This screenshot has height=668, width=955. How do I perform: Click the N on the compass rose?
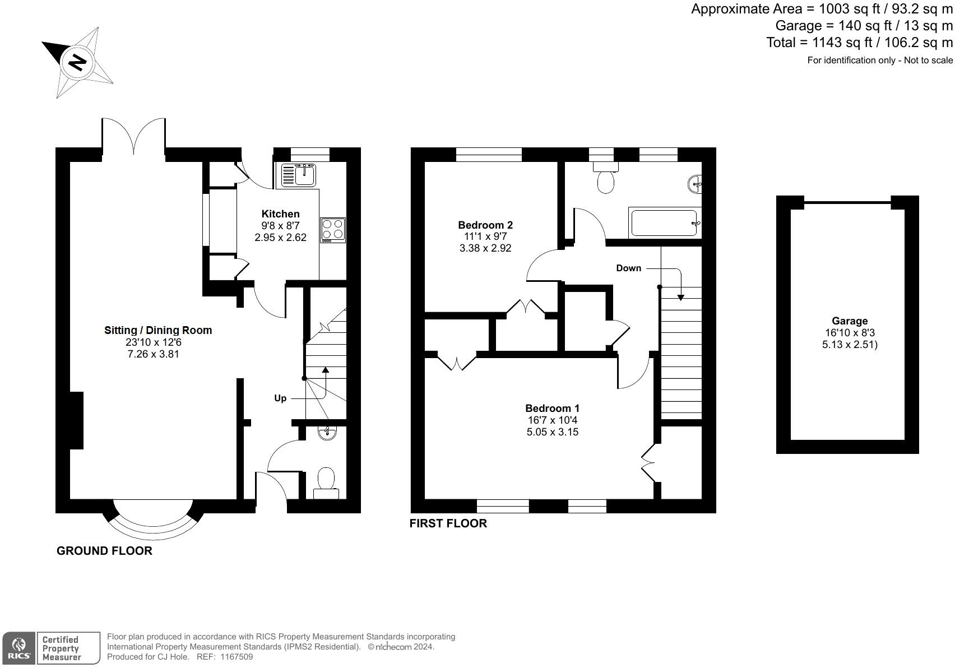click(x=77, y=63)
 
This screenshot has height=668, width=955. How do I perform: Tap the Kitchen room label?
click(x=281, y=214)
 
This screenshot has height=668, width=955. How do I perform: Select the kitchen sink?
click(x=298, y=175)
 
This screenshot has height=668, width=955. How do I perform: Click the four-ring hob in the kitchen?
click(x=333, y=230)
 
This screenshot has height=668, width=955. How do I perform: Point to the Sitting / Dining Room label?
click(x=158, y=330)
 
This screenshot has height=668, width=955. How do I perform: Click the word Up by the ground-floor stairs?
click(x=280, y=398)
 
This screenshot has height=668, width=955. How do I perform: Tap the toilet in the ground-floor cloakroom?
click(x=326, y=483)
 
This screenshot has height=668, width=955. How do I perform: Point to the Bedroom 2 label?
click(x=485, y=225)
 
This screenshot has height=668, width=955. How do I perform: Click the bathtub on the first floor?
click(x=665, y=223)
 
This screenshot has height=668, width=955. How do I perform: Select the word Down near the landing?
click(x=628, y=268)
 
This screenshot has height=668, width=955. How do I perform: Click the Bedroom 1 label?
click(x=552, y=408)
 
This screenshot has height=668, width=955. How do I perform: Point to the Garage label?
click(x=850, y=321)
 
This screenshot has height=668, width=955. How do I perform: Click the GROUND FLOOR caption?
click(x=104, y=551)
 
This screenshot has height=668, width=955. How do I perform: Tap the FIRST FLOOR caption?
click(x=448, y=523)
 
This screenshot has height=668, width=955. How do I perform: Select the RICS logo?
click(x=18, y=648)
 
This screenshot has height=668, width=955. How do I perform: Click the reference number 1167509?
click(x=236, y=657)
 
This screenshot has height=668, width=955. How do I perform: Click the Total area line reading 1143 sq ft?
click(x=860, y=42)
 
